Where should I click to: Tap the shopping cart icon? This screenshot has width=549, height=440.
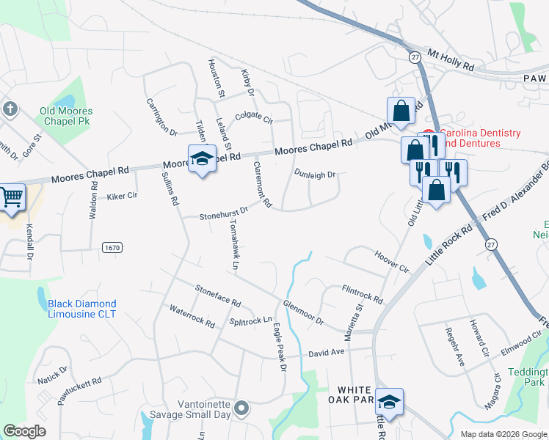[x=12, y=197]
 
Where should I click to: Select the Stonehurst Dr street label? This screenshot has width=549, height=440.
[x=225, y=213]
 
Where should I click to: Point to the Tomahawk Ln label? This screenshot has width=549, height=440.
[x=233, y=245]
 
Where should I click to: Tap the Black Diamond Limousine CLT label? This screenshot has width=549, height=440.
[x=82, y=309]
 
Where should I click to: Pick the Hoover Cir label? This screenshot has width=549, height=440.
[x=390, y=264]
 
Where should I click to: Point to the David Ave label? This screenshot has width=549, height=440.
[x=326, y=353]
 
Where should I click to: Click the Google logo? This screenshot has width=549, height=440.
[x=25, y=431]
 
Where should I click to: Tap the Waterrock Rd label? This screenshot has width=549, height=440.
[x=192, y=317]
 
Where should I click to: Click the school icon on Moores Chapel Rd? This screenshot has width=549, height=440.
[x=201, y=158]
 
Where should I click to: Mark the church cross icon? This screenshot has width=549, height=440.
[x=10, y=109]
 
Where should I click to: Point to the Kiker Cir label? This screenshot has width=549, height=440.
[x=122, y=197]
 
